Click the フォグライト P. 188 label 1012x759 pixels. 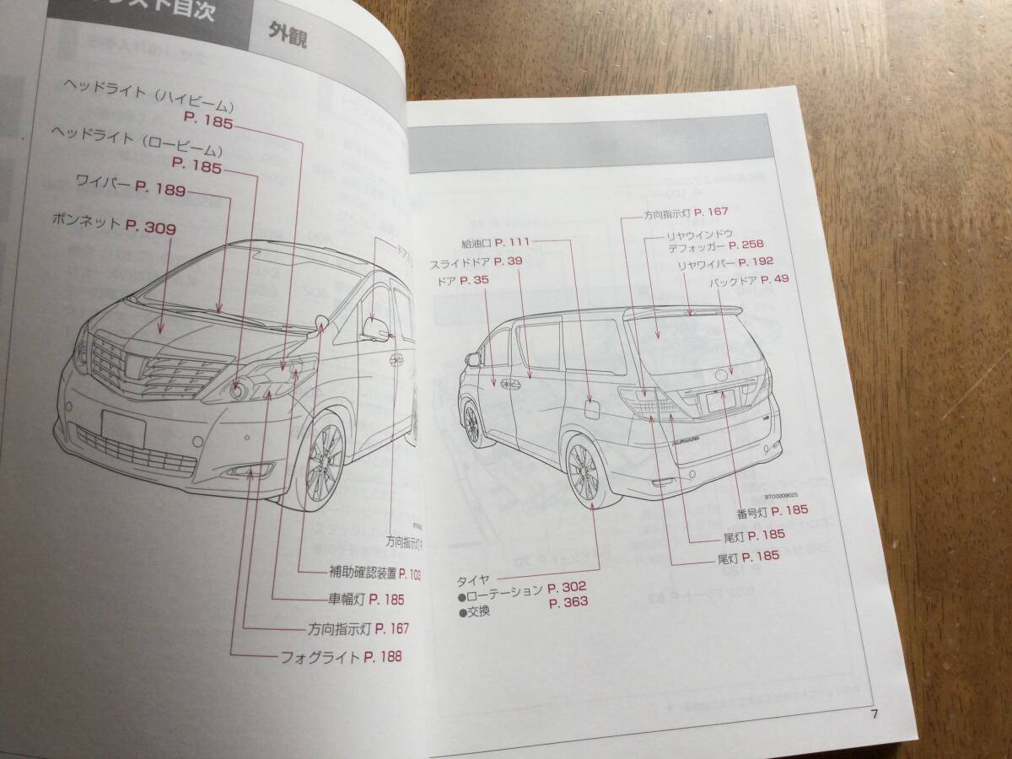click(341, 656)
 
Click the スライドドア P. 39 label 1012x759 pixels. click(476, 261)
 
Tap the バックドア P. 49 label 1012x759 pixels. click(748, 280)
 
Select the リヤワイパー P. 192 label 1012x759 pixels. click(724, 264)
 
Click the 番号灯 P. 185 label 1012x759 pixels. click(772, 509)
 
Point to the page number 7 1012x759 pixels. click(875, 715)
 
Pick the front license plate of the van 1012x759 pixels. click(123, 427)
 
